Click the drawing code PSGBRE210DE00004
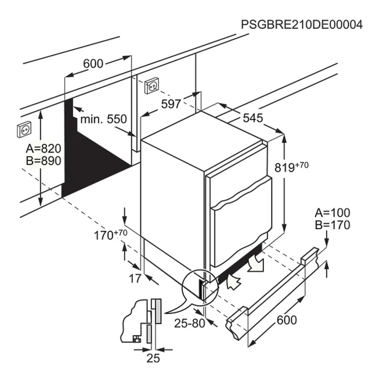click(x=302, y=25)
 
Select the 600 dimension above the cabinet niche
click(x=93, y=64)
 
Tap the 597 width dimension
click(x=171, y=104)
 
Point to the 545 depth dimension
click(x=253, y=118)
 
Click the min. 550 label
click(x=103, y=119)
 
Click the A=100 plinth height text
click(x=332, y=213)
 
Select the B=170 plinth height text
click(x=332, y=225)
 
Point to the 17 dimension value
click(x=135, y=279)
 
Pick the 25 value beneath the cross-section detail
click(x=153, y=358)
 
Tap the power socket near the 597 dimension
click(x=151, y=86)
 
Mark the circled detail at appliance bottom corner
click(x=200, y=286)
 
